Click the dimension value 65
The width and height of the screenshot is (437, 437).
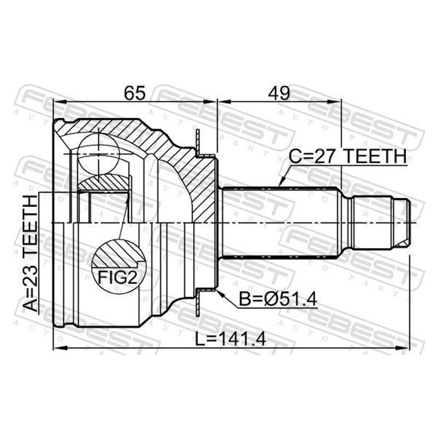coord(135,93)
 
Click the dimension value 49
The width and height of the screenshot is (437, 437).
coord(279,93)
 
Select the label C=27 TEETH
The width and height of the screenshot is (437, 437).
coord(347,156)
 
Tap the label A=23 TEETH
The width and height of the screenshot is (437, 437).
coord(30,253)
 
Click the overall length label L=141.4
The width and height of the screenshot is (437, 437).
coord(231,339)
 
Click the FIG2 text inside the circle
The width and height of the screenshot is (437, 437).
coord(118,277)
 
